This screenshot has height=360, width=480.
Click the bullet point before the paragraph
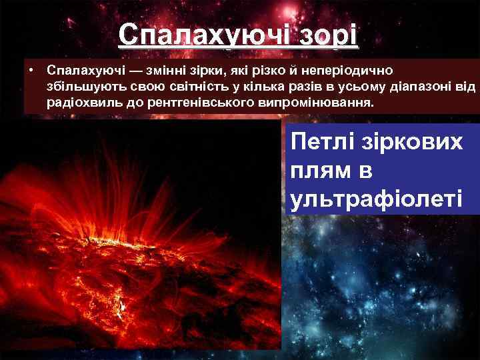click(x=30, y=69)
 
